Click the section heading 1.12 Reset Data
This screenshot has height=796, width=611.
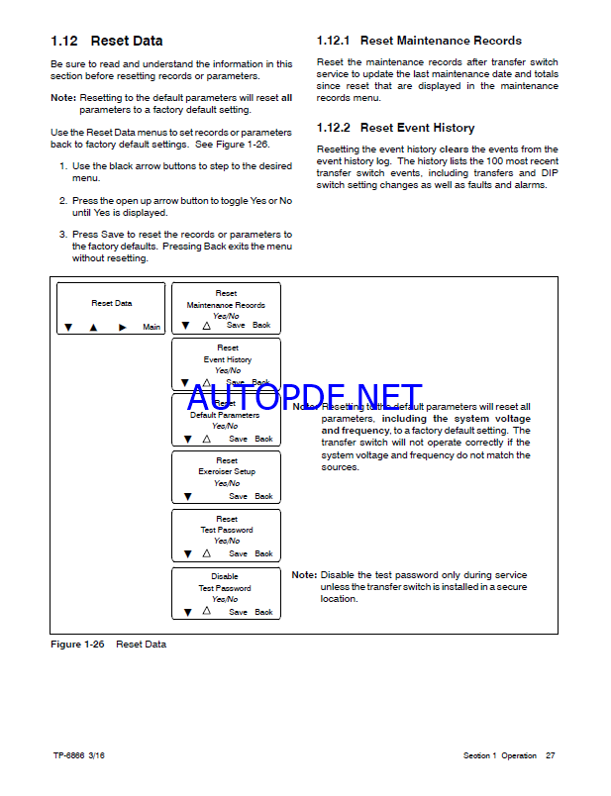pos(107,41)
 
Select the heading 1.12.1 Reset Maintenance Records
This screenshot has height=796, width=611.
pos(419,41)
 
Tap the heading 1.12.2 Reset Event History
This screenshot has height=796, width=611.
pos(395,128)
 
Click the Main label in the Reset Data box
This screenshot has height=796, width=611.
pos(152,327)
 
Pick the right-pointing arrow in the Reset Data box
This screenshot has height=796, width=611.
pos(123,327)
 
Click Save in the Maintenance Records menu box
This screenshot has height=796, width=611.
pos(236,325)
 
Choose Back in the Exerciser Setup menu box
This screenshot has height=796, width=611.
pos(263,496)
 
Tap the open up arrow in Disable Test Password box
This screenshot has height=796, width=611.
pos(207,611)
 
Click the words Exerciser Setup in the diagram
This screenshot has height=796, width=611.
pos(227,472)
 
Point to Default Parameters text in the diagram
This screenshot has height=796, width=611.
pos(225,415)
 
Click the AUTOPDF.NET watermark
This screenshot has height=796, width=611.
pos(304,398)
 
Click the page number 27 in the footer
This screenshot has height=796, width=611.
pos(551,756)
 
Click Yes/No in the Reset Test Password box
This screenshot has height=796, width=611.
pos(227,541)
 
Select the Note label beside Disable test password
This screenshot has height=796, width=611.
pos(303,574)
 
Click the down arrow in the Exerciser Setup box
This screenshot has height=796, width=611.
pos(185,496)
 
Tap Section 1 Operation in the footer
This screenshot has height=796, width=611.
pos(499,756)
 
